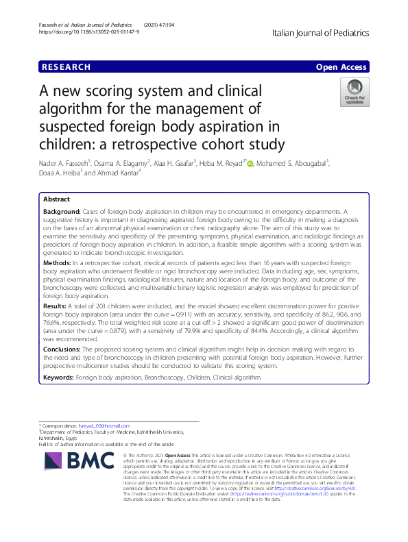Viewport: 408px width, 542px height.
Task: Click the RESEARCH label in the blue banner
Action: click(x=67, y=67)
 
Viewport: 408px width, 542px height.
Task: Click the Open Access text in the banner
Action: click(x=342, y=67)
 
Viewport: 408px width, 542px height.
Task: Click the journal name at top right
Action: click(x=320, y=33)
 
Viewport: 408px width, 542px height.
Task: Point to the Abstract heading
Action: click(x=56, y=198)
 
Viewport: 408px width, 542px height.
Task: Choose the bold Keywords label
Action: click(x=58, y=377)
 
